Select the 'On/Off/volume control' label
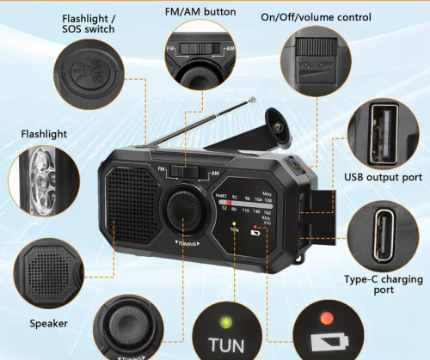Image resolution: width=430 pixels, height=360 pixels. pyautogui.click(x=316, y=16)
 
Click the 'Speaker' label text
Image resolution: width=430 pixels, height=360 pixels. pyautogui.click(x=49, y=324)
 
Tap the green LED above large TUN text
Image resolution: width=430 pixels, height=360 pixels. pyautogui.click(x=225, y=324)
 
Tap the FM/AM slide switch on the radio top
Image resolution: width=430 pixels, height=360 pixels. pyautogui.click(x=191, y=172)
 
